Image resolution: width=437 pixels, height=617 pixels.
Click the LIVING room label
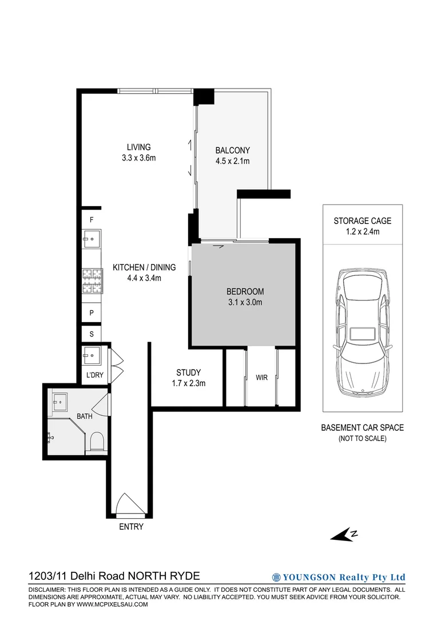138,147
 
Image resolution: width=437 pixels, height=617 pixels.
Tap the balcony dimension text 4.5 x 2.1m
232,161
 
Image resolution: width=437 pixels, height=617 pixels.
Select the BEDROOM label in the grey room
244,292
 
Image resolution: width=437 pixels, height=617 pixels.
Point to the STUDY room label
188,373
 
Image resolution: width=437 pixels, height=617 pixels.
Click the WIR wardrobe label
261,378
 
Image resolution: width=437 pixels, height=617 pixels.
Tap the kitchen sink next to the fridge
92,237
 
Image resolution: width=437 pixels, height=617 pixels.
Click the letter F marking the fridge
91,219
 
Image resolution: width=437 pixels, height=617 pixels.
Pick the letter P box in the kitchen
91,312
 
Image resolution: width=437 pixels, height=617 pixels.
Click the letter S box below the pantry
91,333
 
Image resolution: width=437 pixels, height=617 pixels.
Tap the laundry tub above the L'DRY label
92,355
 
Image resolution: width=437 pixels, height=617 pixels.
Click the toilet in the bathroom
97,442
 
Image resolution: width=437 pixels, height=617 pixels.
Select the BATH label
85,416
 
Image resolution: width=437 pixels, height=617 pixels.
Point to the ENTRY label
131,527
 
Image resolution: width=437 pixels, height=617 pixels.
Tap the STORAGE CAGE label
363,221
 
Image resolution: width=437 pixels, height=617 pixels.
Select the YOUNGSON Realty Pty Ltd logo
339,577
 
